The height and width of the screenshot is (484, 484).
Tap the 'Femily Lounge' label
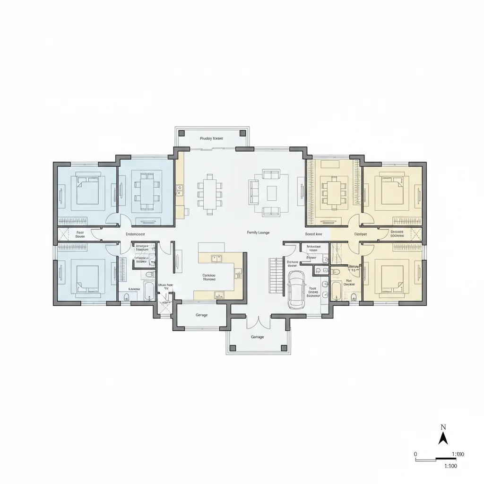click(x=258, y=233)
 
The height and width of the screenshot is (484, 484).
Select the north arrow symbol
click(x=443, y=438)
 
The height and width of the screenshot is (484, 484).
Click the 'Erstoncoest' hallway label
click(x=135, y=234)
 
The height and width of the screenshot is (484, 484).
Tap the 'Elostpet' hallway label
click(x=361, y=234)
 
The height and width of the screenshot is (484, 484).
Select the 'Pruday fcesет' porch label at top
click(x=211, y=138)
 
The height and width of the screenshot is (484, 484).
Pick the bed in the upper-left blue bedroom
click(x=87, y=190)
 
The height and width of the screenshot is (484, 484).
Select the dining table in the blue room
click(x=147, y=190)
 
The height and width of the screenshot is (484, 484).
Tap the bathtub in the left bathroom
click(x=149, y=291)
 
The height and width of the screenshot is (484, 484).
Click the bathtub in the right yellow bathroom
click(x=337, y=291)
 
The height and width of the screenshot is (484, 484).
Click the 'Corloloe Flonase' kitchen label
click(x=209, y=277)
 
